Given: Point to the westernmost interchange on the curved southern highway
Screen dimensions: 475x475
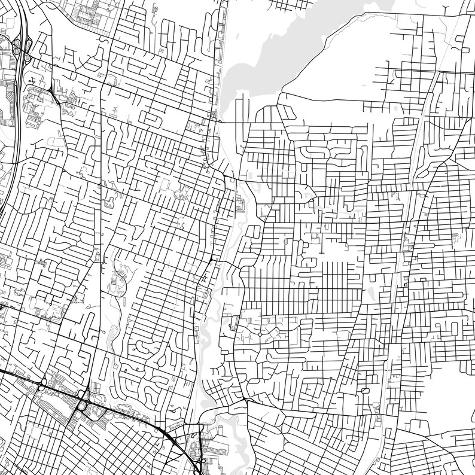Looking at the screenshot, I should click(x=43, y=383).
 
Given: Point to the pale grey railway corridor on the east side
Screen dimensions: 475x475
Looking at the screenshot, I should click(x=413, y=179).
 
